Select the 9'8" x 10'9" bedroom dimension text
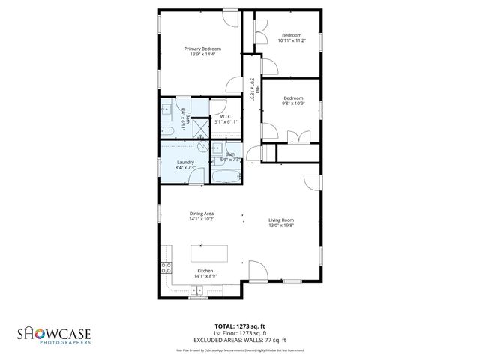292,103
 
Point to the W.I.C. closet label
226,116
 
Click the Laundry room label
185,163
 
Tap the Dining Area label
202,214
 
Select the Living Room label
281,220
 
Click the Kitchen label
205,270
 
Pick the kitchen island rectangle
208,253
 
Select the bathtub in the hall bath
226,177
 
